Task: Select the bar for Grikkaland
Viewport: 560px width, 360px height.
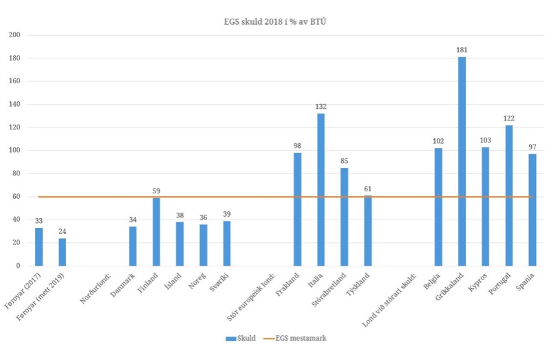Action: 462,161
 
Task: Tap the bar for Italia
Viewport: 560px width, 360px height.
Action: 321,189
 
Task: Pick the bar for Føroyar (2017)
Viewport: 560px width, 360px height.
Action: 39,246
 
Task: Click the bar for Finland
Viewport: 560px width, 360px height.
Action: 156,232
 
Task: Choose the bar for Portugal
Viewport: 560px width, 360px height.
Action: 508,195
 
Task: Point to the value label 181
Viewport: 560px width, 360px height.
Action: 462,50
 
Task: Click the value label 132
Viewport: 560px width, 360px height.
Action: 321,107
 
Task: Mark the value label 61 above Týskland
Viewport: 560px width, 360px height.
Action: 367,189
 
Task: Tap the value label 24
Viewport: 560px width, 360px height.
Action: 63,231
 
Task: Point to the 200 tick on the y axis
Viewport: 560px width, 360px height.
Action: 14,35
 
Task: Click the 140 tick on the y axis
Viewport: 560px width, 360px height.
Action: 14,105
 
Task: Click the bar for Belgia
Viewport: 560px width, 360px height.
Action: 438,207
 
